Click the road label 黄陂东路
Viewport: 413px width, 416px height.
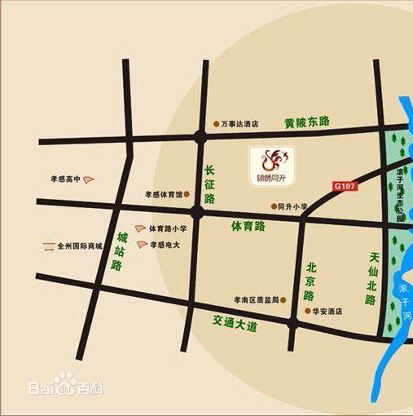[307, 122]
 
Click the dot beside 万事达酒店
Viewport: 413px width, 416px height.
[217, 125]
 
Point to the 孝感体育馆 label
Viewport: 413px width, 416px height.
[163, 195]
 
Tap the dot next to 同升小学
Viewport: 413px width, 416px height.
[272, 206]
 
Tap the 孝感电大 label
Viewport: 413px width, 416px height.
[169, 245]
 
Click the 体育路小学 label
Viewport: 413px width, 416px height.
[168, 229]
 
